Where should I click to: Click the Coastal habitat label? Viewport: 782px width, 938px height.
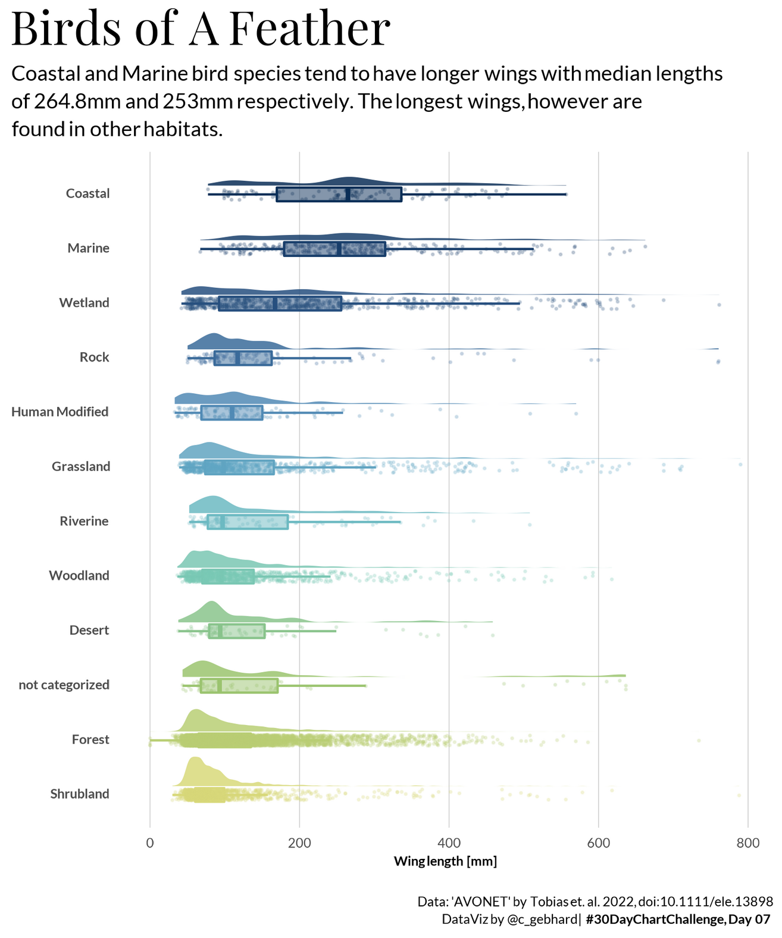pos(87,193)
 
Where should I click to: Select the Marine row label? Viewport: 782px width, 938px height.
pos(88,248)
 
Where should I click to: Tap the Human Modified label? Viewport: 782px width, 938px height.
pos(60,412)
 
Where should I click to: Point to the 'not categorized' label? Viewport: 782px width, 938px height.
pos(64,685)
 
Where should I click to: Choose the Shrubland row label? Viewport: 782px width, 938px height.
pos(79,794)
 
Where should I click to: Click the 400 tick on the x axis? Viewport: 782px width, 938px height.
pos(449,843)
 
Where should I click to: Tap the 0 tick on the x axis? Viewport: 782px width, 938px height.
pos(150,843)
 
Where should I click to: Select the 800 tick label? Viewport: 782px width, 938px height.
pos(748,843)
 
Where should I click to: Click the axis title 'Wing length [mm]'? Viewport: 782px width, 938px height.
pos(445,861)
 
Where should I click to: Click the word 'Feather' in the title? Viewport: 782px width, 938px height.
pos(309,28)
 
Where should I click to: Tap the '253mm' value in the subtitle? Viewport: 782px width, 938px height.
pos(196,102)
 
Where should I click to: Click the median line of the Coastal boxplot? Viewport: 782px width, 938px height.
pos(348,194)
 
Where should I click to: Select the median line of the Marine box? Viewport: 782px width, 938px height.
pos(339,249)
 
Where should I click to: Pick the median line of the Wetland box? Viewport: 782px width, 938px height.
pos(275,303)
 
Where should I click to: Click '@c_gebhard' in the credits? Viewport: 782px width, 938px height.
pos(542,920)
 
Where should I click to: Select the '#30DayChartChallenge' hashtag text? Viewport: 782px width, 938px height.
pos(655,920)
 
